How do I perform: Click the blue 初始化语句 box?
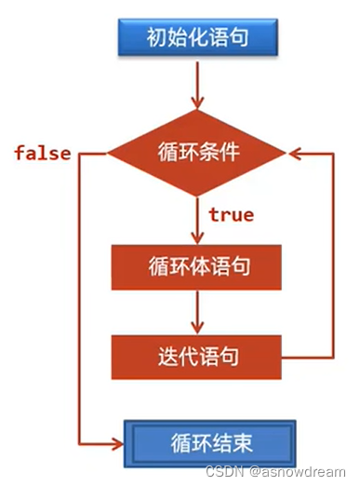tap(197, 37)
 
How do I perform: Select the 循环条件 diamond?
tap(197, 152)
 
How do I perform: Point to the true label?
tap(231, 215)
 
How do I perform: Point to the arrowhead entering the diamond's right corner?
tap(294, 152)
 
